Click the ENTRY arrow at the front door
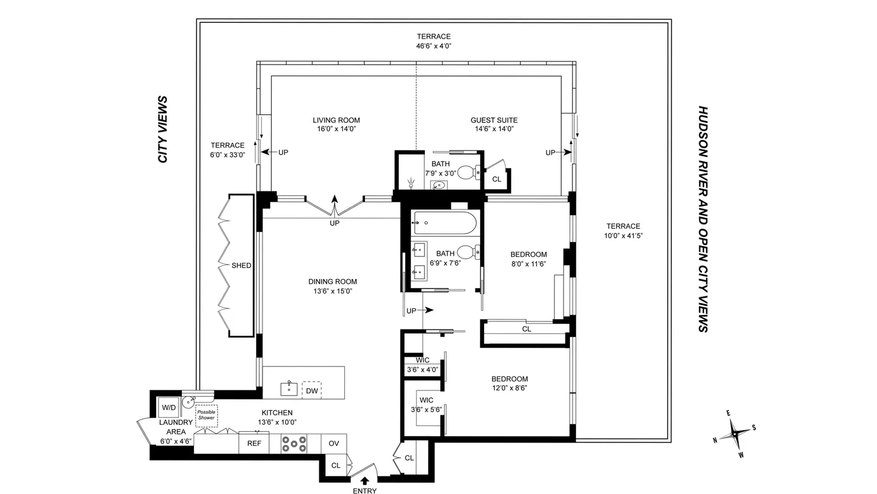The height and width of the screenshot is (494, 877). tap(365, 481)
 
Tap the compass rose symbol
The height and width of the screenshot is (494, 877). tap(736, 434)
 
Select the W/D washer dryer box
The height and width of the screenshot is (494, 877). tap(169, 407)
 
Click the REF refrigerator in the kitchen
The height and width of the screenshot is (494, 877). tap(254, 444)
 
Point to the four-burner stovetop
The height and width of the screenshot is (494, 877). tap(294, 444)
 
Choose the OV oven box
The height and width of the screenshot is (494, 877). tap(334, 444)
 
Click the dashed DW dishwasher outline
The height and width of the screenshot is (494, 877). tap(312, 390)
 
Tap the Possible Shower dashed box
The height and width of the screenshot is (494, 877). tap(206, 416)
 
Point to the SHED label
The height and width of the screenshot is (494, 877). tap(241, 265)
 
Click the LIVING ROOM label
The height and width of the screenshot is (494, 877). tap(336, 121)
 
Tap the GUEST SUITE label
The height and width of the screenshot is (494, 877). tap(494, 121)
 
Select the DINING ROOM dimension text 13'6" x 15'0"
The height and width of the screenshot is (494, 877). tap(333, 291)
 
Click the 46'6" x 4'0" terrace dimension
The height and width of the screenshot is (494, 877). tap(434, 46)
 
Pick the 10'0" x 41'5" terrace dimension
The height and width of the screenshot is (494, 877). tap(623, 236)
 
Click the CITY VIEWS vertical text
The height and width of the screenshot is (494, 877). tap(163, 129)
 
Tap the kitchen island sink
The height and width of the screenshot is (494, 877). tap(289, 389)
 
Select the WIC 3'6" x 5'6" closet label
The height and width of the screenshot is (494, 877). tap(426, 405)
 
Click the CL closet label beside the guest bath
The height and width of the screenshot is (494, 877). tap(496, 179)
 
